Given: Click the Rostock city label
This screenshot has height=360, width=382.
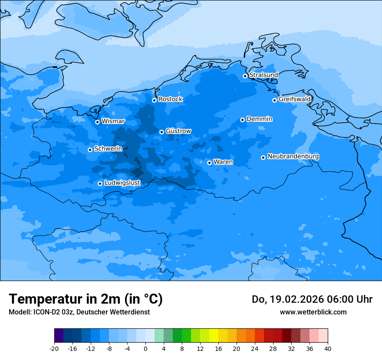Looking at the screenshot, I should coord(170,99).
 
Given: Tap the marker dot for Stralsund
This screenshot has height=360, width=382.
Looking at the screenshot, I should coord(245,76).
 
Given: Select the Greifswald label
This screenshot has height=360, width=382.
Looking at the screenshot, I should coord(294,99).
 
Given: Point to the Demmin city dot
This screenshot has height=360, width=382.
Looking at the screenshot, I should coord(242,120).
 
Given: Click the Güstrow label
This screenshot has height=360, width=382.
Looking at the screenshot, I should coord(178,131).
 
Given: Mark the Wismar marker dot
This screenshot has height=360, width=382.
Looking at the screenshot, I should coord(97,122).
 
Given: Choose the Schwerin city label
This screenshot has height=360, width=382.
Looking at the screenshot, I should coord(108,149).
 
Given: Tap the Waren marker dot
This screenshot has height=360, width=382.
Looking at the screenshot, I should coord(209,163).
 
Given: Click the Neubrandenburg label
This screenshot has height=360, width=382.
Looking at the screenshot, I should coord(293,157).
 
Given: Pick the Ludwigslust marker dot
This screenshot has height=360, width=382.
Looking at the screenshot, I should coord(100,183).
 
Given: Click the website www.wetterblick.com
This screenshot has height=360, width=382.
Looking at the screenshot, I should coord(313,312).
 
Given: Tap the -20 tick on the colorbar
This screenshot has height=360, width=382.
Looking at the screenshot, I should coord(54,348).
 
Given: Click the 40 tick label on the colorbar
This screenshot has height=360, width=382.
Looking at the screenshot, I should coord(328,348).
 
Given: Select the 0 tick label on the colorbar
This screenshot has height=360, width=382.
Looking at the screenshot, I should coord(145,348).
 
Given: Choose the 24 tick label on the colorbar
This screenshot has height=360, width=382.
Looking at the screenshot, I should coord(255,348).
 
